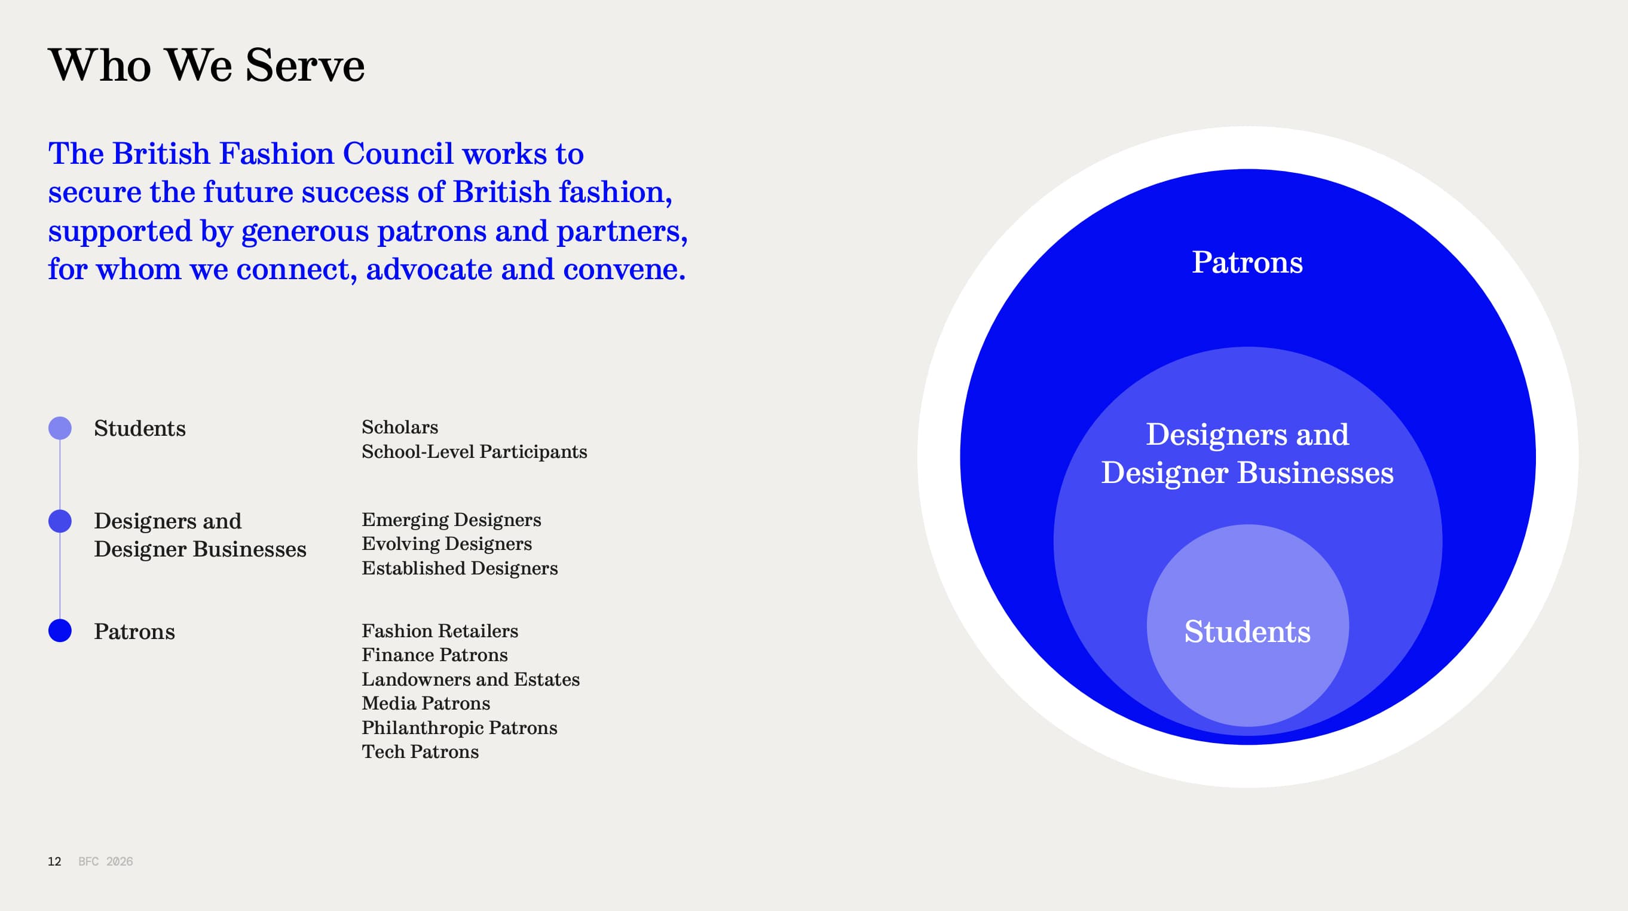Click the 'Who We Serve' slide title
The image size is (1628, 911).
click(x=207, y=65)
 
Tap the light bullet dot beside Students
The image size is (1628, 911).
click(x=60, y=428)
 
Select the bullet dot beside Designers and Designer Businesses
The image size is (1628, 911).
click(x=60, y=521)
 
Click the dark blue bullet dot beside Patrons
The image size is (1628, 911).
click(x=60, y=630)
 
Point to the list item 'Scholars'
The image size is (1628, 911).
click(x=399, y=427)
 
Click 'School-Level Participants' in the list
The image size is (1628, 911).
click(x=474, y=451)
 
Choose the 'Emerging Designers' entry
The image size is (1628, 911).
click(x=451, y=519)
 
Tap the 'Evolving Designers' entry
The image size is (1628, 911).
click(x=447, y=544)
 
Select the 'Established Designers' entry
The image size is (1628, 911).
click(x=460, y=568)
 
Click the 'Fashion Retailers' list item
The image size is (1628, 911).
click(x=440, y=630)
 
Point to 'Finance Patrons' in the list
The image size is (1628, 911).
click(x=434, y=655)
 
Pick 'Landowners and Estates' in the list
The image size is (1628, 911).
click(x=470, y=679)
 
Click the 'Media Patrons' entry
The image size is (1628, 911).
click(x=426, y=703)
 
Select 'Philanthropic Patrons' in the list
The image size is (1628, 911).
click(x=460, y=727)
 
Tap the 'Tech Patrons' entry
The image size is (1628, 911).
click(x=420, y=751)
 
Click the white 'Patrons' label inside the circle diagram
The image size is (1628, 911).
click(x=1247, y=262)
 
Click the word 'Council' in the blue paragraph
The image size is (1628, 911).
click(x=397, y=154)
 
